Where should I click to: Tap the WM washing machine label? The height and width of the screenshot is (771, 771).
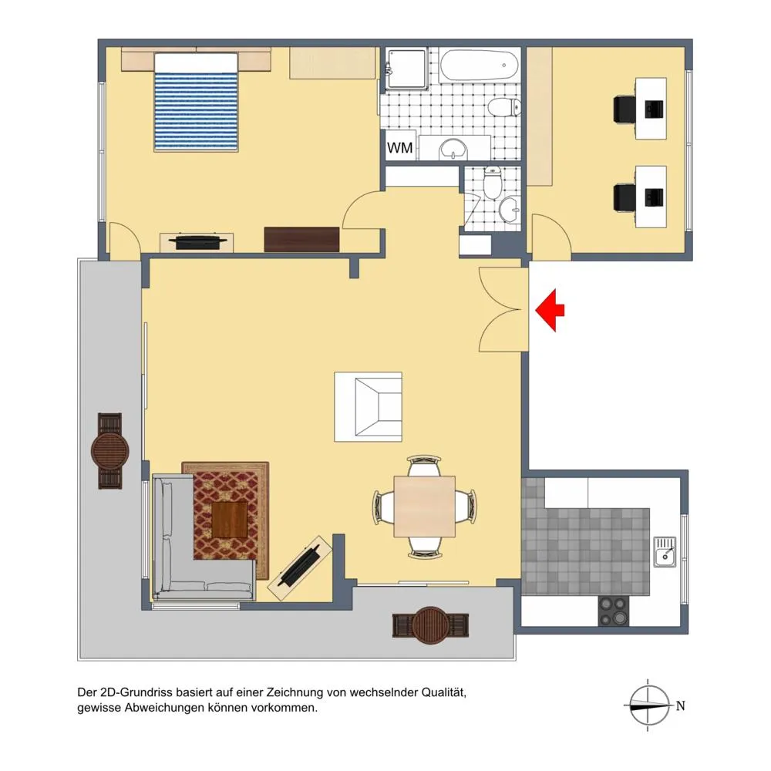[399, 147]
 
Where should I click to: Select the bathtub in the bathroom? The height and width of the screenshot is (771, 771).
[479, 65]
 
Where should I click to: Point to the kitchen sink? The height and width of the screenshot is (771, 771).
[665, 552]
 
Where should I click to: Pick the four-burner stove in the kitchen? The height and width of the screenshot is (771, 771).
[613, 611]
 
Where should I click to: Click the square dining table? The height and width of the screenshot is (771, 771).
[424, 507]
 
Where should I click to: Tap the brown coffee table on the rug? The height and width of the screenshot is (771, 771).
[230, 520]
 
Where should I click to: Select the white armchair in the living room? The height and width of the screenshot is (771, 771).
[369, 406]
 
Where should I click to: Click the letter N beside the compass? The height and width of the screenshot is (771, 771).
[681, 706]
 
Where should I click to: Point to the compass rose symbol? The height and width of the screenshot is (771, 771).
[649, 705]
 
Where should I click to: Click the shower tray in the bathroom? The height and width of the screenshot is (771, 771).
[406, 69]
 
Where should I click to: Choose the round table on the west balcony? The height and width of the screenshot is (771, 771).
[110, 451]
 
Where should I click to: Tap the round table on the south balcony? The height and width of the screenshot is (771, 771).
[431, 625]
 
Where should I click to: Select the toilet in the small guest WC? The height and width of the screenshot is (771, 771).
[492, 182]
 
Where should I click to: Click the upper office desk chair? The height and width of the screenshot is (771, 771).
[625, 109]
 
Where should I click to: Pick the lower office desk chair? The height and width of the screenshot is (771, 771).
[625, 196]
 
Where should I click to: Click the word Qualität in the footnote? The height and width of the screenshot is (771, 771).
[444, 692]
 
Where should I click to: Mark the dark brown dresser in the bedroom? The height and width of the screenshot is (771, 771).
[302, 240]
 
